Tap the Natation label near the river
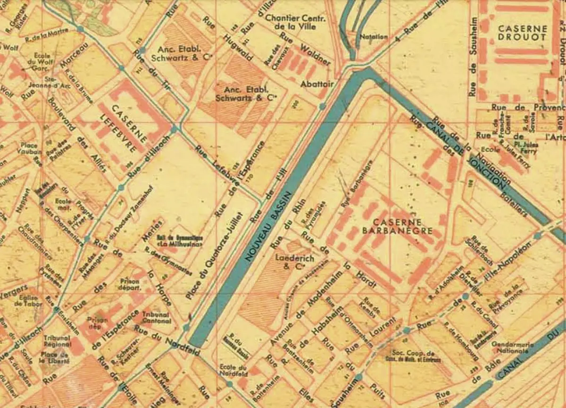[374, 36]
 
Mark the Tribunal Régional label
[57, 341]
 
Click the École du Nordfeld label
[233, 372]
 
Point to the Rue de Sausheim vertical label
[473, 58]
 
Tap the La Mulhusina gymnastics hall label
[179, 241]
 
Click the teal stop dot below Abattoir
[322, 107]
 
